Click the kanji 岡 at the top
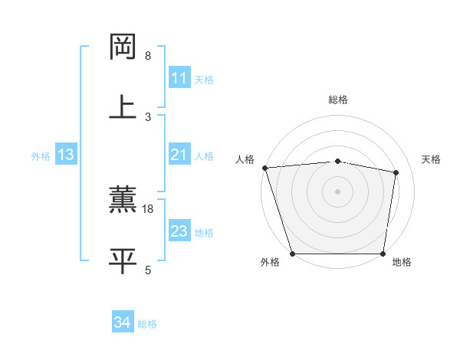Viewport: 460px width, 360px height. click(123, 47)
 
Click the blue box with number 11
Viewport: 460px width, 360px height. click(179, 78)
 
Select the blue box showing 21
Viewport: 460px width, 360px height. click(179, 155)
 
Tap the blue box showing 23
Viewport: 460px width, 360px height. click(179, 231)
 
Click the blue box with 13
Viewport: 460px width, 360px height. click(65, 155)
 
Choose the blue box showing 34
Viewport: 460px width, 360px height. click(122, 322)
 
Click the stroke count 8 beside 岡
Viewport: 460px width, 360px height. click(148, 56)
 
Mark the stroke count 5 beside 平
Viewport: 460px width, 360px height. click(148, 270)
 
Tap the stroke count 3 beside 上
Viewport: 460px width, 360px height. click(148, 116)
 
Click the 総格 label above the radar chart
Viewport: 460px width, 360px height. click(337, 100)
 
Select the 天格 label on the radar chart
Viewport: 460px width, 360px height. click(431, 159)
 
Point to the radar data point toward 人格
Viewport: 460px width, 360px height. click(264, 168)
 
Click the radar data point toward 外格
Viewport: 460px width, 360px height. click(293, 254)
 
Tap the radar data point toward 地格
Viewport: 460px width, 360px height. click(383, 254)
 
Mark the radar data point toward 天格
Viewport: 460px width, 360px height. click(396, 172)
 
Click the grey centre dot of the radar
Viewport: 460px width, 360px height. click(337, 191)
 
